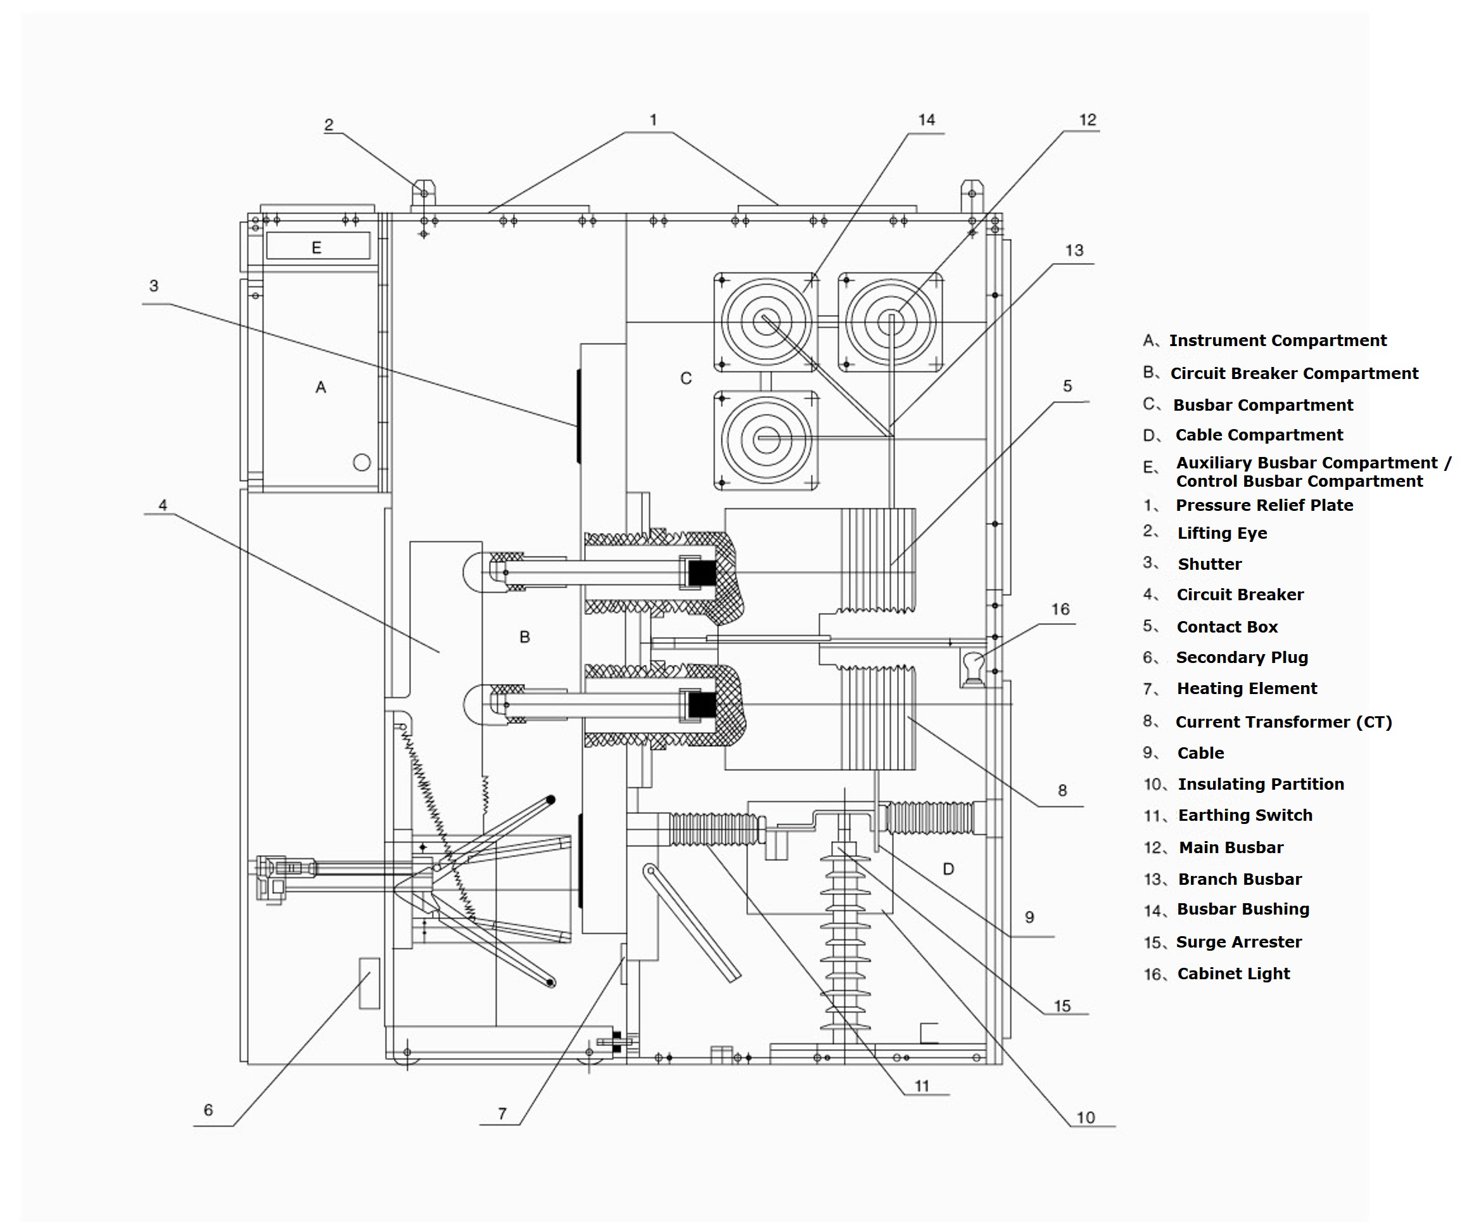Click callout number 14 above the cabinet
[x=926, y=120]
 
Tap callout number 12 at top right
[x=1088, y=120]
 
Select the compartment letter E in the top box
[x=317, y=248]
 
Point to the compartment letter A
[x=321, y=387]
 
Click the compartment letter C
[x=686, y=379]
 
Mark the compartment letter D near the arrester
[x=948, y=870]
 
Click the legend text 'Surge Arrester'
[x=1239, y=942]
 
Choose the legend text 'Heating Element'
[x=1247, y=688]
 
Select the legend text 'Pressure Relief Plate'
[x=1264, y=505]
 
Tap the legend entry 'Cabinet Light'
[x=1233, y=974]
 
